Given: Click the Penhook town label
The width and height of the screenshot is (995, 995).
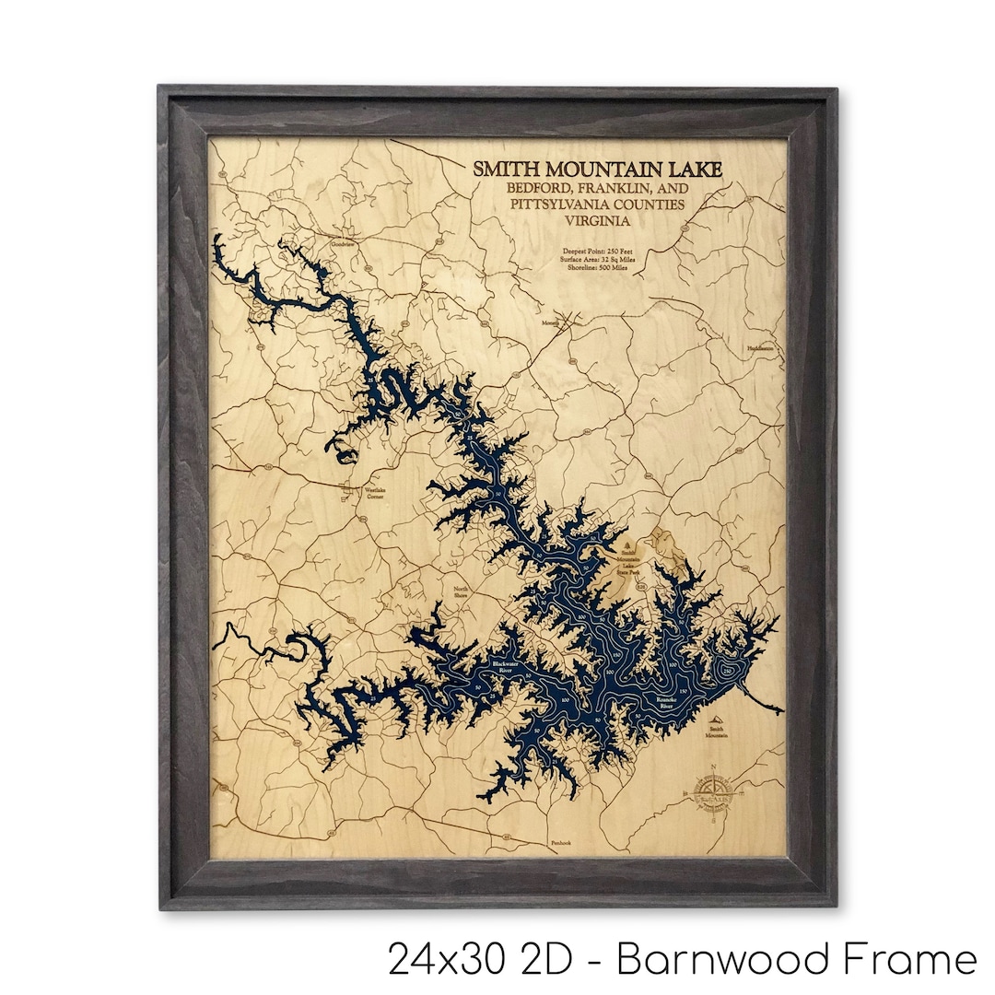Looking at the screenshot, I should pos(561,843).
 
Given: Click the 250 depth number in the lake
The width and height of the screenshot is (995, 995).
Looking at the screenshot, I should pos(728,672).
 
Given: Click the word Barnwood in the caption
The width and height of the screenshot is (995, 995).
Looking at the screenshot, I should pos(740,959).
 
